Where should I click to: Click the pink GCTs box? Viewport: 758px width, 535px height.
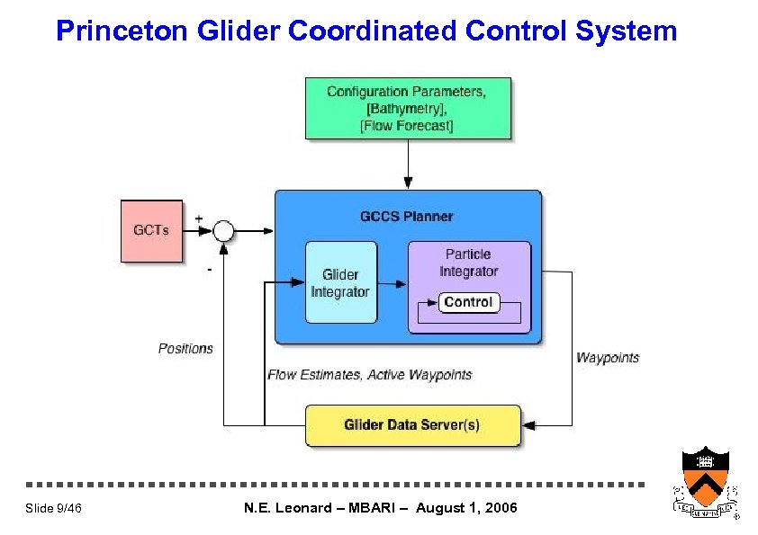click(151, 230)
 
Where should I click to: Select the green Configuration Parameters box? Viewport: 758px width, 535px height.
click(408, 108)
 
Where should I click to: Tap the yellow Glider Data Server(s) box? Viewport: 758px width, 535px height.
click(412, 425)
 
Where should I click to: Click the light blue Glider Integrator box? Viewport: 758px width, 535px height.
click(340, 282)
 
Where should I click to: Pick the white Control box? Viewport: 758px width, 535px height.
click(468, 302)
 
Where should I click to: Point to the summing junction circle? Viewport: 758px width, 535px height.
click(223, 231)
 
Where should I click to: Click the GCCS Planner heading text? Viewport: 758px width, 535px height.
click(407, 216)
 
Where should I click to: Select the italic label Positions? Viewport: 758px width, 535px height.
click(185, 348)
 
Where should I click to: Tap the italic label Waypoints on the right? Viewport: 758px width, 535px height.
click(608, 357)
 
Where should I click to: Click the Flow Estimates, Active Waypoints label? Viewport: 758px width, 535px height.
click(369, 374)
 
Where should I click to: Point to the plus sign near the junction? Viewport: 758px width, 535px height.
click(198, 218)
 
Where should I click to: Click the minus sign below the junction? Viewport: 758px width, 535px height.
click(210, 267)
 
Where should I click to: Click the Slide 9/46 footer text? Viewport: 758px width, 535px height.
click(54, 509)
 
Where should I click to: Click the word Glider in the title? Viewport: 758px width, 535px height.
click(239, 31)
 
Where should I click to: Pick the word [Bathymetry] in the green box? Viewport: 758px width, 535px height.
click(407, 109)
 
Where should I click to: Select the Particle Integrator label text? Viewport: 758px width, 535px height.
click(468, 263)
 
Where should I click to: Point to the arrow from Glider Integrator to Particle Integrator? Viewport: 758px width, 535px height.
click(392, 284)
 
